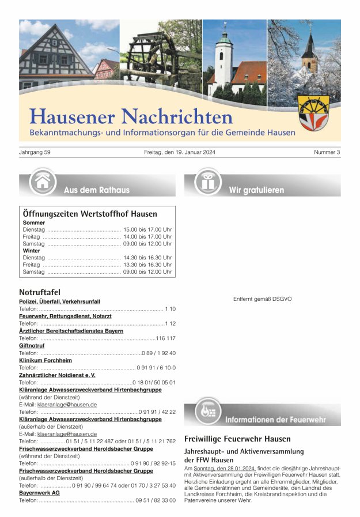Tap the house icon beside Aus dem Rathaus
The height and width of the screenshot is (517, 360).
pyautogui.click(x=42, y=182)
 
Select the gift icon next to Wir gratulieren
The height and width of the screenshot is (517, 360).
pyautogui.click(x=207, y=182)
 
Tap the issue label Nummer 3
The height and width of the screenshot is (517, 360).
pyautogui.click(x=327, y=152)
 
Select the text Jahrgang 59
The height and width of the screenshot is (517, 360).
pyautogui.click(x=35, y=152)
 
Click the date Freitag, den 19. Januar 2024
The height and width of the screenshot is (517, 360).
pyautogui.click(x=180, y=152)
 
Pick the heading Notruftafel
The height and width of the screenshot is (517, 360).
pyautogui.click(x=40, y=292)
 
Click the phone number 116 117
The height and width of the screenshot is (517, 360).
pyautogui.click(x=165, y=338)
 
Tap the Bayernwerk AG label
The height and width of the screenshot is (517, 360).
pyautogui.click(x=39, y=493)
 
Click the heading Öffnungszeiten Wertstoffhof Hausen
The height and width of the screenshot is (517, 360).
pyautogui.click(x=90, y=214)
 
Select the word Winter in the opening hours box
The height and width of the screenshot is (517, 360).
pyautogui.click(x=32, y=251)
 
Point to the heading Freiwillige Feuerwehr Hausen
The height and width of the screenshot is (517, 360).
pyautogui.click(x=237, y=439)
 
